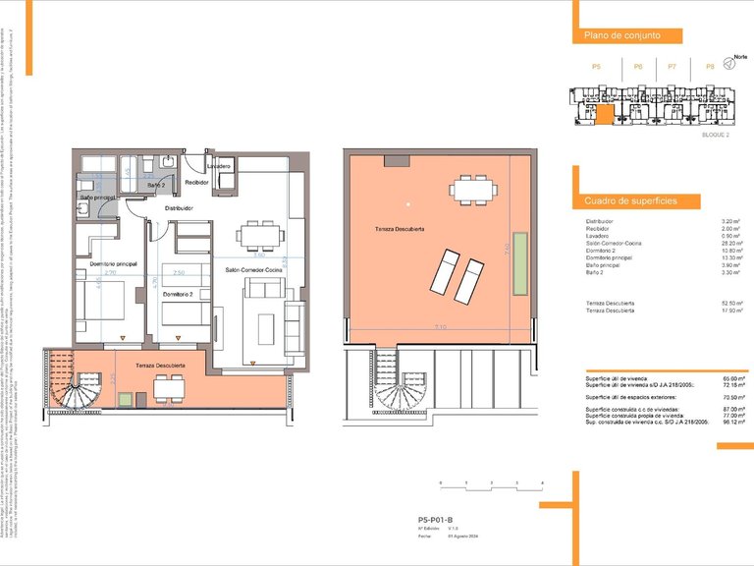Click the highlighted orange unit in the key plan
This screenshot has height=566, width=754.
click(606, 113)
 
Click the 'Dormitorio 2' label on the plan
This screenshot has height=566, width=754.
click(178, 294)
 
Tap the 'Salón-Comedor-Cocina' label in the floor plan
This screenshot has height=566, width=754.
click(253, 269)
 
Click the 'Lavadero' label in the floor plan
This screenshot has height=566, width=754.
click(218, 167)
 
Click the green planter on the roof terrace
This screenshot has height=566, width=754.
click(520, 263)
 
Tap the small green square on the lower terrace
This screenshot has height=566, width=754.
click(126, 398)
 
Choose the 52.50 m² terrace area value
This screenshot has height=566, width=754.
click(729, 303)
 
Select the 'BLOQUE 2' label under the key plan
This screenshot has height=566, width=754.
click(715, 135)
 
